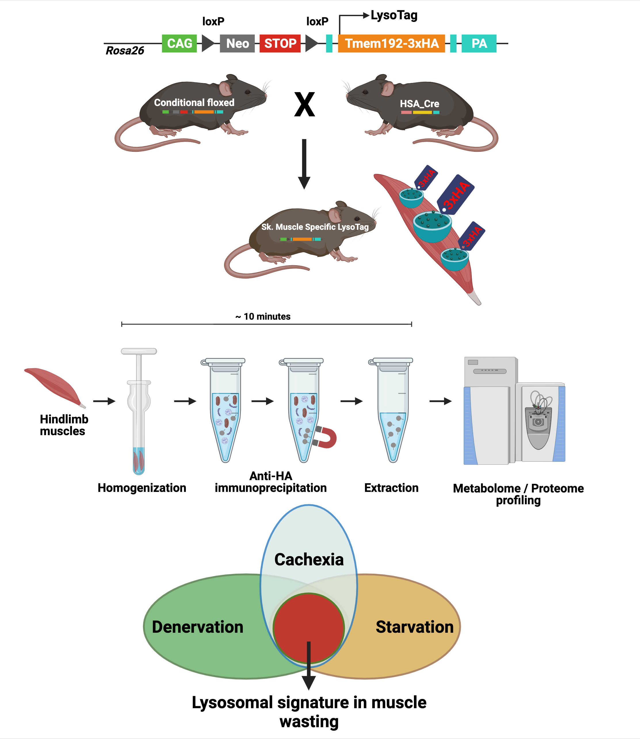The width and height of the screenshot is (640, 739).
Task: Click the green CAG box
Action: pyautogui.click(x=179, y=43)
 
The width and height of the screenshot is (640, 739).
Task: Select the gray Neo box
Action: pyautogui.click(x=237, y=43)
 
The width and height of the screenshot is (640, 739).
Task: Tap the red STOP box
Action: pyautogui.click(x=280, y=43)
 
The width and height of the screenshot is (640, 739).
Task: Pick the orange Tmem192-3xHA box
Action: pyautogui.click(x=391, y=43)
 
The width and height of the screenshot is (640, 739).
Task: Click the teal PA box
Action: pyautogui.click(x=479, y=43)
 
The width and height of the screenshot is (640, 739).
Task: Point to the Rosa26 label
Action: pyautogui.click(x=125, y=51)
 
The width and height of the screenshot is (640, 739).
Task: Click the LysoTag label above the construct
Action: pyautogui.click(x=394, y=15)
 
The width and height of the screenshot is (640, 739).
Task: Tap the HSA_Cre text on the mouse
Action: pyautogui.click(x=419, y=104)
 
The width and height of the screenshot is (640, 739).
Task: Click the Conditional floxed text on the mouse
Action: pyautogui.click(x=194, y=103)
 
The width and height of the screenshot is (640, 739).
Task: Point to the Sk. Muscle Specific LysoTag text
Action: pyautogui.click(x=315, y=227)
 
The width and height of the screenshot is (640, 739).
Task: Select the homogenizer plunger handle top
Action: pyautogui.click(x=139, y=351)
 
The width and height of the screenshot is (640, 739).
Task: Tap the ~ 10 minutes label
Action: pyautogui.click(x=263, y=317)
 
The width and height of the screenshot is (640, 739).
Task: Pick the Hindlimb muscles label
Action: pyautogui.click(x=64, y=425)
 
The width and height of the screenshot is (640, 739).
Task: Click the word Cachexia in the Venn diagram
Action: pyautogui.click(x=309, y=560)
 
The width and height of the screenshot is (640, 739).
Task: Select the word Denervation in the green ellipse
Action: pyautogui.click(x=198, y=627)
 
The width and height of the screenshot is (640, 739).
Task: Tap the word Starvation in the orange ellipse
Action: pyautogui.click(x=414, y=627)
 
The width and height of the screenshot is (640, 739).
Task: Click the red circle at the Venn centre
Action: pyautogui.click(x=309, y=622)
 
